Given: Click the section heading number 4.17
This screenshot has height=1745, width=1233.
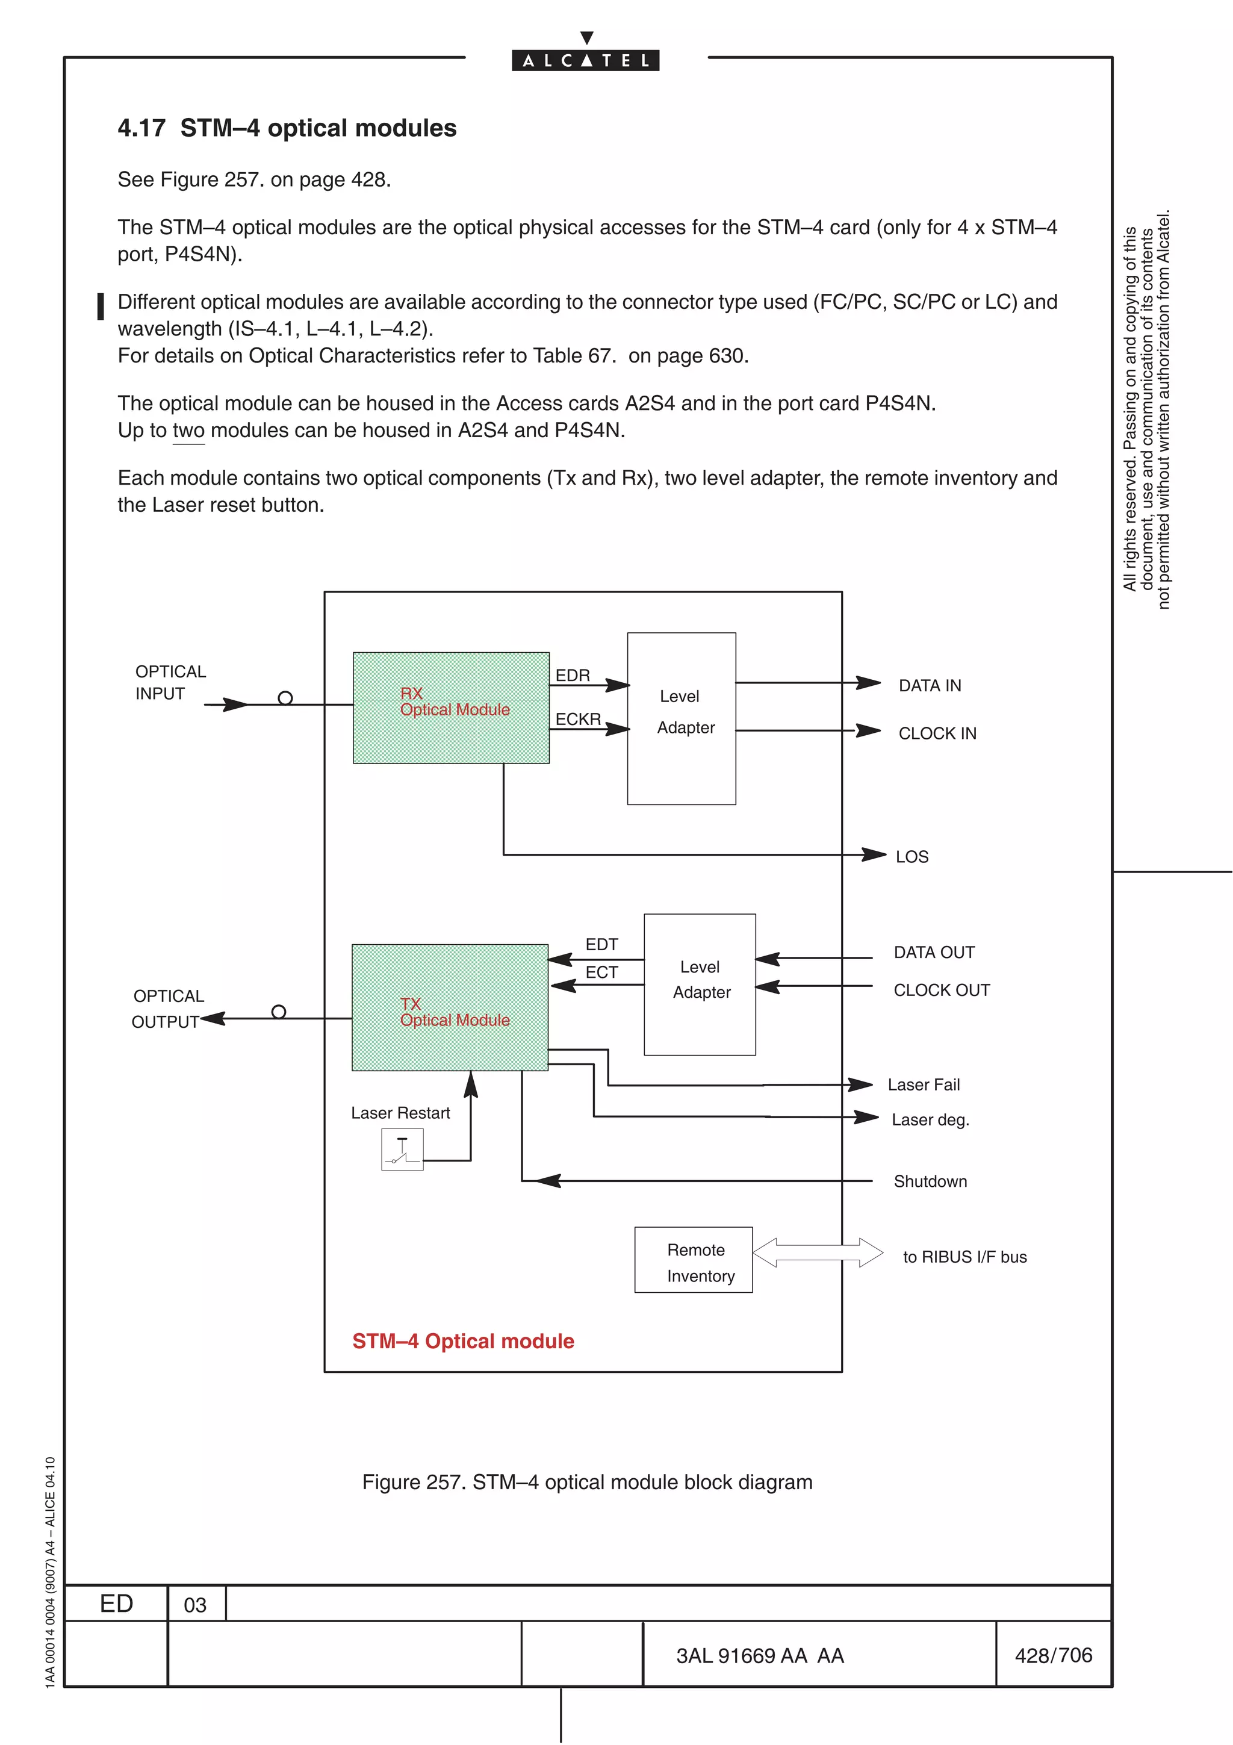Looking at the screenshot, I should [141, 128].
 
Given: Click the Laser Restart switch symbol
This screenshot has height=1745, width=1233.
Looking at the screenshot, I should [402, 1149].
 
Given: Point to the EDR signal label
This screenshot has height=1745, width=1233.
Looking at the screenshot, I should [572, 675].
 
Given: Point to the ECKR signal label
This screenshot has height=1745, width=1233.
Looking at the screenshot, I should [577, 718].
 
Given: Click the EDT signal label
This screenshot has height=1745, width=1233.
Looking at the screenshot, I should [601, 944].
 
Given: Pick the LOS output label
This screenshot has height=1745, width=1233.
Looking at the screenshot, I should [911, 856].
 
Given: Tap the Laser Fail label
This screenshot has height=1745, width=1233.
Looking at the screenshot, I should [923, 1084].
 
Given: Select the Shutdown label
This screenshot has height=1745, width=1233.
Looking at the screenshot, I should [930, 1181].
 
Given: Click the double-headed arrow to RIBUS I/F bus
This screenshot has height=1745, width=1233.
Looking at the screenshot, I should [818, 1252].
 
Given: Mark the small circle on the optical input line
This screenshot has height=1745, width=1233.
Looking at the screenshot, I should [285, 698].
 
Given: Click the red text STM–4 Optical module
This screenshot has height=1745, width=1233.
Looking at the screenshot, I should [462, 1342].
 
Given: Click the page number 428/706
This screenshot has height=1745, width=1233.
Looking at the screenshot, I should [1053, 1655].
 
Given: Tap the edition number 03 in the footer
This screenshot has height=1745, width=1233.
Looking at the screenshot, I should [195, 1605].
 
